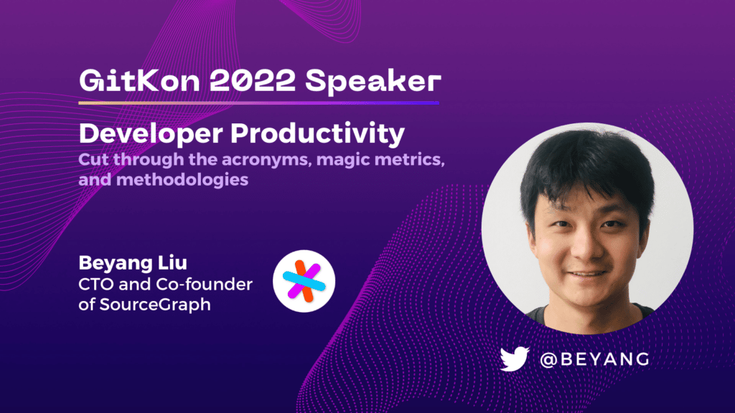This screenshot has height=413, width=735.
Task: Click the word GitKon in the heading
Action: click(x=139, y=80)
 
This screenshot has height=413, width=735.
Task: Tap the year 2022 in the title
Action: click(x=252, y=80)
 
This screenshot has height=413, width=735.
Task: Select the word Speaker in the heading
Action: click(x=373, y=82)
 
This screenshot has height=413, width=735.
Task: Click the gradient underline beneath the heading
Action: click(x=258, y=103)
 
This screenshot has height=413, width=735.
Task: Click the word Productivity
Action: click(x=317, y=134)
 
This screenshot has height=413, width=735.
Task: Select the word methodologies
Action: click(x=182, y=180)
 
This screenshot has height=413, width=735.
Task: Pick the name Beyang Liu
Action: click(x=133, y=262)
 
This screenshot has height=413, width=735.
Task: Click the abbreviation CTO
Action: click(x=95, y=284)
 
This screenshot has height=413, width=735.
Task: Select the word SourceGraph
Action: click(x=155, y=305)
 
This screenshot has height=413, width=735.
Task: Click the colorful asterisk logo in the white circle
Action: click(x=304, y=281)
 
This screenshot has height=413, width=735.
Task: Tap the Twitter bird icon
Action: click(x=515, y=359)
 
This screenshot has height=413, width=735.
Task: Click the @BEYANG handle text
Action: click(x=594, y=359)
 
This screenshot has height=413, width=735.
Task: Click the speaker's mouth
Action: click(x=587, y=273)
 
